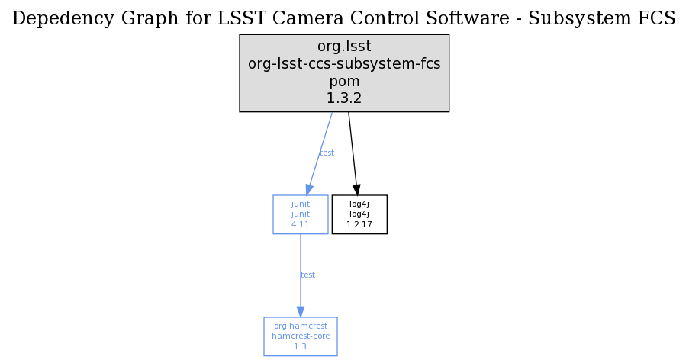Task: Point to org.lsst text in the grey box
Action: click(x=343, y=47)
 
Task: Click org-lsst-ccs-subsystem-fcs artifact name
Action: click(x=344, y=64)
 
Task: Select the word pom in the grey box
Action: click(x=344, y=81)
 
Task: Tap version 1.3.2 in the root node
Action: click(x=344, y=98)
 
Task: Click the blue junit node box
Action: click(x=301, y=214)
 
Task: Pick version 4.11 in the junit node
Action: click(x=301, y=225)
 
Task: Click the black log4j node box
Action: click(x=359, y=214)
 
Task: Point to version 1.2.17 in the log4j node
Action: click(x=359, y=225)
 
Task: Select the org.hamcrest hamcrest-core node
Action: click(x=301, y=336)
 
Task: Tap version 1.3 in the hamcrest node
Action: click(x=301, y=346)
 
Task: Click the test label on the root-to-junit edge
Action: click(x=327, y=153)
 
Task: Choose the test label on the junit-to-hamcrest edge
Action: click(x=307, y=275)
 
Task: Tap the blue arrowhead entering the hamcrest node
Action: click(x=301, y=311)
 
